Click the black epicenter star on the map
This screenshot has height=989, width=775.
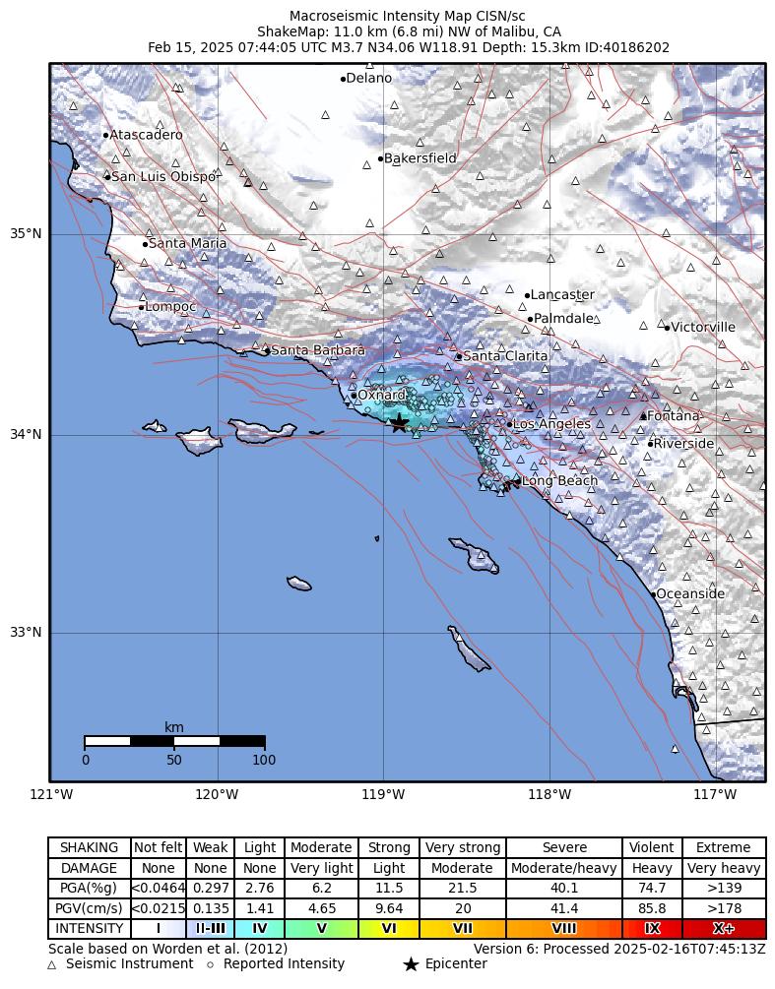click(x=399, y=423)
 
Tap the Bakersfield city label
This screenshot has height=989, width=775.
click(x=420, y=158)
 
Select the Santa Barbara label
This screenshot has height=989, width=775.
click(x=317, y=350)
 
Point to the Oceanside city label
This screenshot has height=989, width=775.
click(x=689, y=594)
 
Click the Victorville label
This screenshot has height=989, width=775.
click(x=703, y=328)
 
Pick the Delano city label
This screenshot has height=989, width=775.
click(x=369, y=79)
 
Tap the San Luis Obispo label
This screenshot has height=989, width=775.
click(x=162, y=177)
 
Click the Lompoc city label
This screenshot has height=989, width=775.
click(x=171, y=307)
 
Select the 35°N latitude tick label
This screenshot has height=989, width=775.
click(x=26, y=234)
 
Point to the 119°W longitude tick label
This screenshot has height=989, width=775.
click(x=383, y=795)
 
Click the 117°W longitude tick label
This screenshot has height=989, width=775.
click(x=715, y=795)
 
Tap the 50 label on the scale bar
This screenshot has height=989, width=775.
click(x=174, y=760)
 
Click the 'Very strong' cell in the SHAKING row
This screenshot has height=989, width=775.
click(x=462, y=848)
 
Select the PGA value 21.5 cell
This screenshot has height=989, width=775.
click(x=462, y=888)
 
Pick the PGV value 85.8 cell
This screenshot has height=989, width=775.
click(x=652, y=908)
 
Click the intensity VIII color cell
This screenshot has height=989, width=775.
click(x=564, y=929)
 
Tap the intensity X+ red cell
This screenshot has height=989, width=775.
click(x=724, y=929)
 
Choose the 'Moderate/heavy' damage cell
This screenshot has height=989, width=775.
click(x=564, y=868)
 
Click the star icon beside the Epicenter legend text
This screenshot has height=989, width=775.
click(x=411, y=964)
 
